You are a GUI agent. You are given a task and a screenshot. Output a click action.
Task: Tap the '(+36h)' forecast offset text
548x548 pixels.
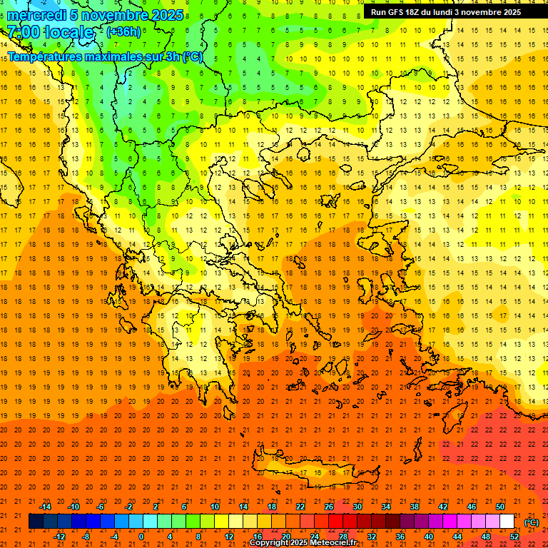[x=123, y=32]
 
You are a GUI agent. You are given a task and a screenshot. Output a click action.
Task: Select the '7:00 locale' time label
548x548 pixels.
[x=50, y=32]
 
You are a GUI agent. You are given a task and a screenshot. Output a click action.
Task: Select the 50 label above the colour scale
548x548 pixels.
[x=500, y=507]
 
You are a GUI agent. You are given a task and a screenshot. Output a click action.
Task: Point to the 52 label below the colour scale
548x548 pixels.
[x=514, y=537]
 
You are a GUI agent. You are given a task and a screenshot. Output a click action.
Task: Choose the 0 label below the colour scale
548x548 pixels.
[x=141, y=537]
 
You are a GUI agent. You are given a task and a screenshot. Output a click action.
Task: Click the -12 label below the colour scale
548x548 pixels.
[x=59, y=537]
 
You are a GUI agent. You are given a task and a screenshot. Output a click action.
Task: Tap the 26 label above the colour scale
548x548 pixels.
[x=329, y=507]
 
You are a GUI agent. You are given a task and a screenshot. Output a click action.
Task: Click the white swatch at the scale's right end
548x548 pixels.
[x=507, y=522]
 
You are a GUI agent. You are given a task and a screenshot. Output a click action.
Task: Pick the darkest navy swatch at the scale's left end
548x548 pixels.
[x=36, y=522]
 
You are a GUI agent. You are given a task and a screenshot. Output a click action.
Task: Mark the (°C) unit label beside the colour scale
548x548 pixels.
[x=532, y=522]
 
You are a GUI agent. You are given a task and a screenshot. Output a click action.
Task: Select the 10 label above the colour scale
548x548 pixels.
[x=215, y=507]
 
